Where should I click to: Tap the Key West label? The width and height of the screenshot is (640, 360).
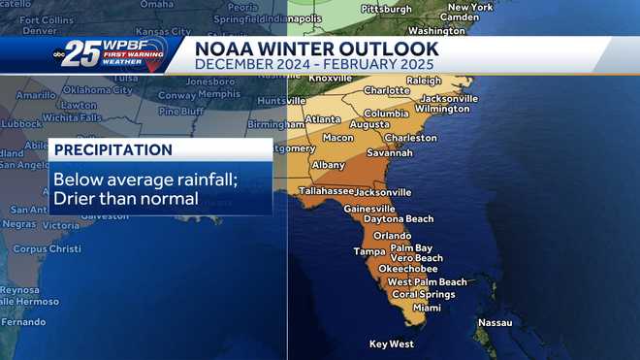click(x=392, y=344)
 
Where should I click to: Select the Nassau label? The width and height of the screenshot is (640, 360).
click(x=495, y=322)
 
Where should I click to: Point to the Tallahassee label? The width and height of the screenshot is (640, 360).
click(x=326, y=191)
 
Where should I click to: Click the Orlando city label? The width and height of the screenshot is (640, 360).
click(x=393, y=236)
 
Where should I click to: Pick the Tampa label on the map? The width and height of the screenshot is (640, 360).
click(x=369, y=251)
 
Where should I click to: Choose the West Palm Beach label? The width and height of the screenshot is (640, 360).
click(x=427, y=282)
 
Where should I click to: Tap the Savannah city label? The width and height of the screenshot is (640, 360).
click(x=389, y=152)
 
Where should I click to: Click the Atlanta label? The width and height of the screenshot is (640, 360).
click(x=322, y=120)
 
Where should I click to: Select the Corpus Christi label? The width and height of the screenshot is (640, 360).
click(x=43, y=249)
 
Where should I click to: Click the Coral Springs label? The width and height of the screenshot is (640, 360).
click(x=423, y=294)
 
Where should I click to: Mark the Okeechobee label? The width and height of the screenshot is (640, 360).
click(x=408, y=270)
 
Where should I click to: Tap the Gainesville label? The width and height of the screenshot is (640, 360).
click(x=368, y=209)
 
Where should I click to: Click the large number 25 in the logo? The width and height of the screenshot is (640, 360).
click(x=83, y=55)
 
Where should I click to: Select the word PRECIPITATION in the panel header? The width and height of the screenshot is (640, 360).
click(x=112, y=150)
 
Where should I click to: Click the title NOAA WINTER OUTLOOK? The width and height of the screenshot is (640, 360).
click(x=316, y=49)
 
